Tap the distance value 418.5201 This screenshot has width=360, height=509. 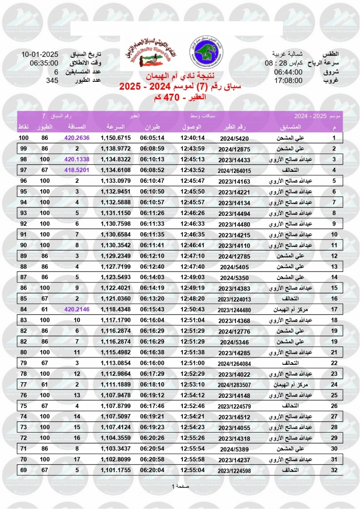pyautogui.click(x=77, y=170)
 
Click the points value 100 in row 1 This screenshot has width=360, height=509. pyautogui.click(x=23, y=138)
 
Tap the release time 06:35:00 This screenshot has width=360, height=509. pyautogui.click(x=44, y=63)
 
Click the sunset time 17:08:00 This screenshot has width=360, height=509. pyautogui.click(x=288, y=80)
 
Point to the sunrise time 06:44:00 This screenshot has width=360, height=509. pyautogui.click(x=288, y=72)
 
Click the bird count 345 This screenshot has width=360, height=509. pyautogui.click(x=52, y=80)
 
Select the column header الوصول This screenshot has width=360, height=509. pyautogui.click(x=193, y=127)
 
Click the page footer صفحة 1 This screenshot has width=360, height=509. pyautogui.click(x=180, y=486)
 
